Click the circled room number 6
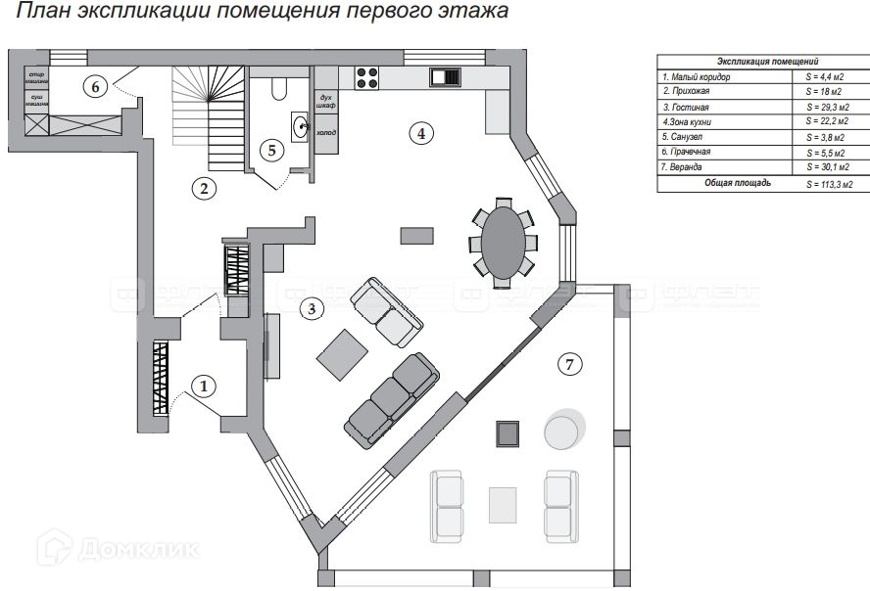95,86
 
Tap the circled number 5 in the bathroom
273,151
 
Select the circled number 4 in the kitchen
420,133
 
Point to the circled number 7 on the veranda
569,364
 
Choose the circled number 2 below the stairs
203,189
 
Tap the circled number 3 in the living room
312,309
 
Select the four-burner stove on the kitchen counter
367,77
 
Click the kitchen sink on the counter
445,77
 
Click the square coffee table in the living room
342,353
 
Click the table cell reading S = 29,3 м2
828,106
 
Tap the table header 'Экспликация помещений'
766,61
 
